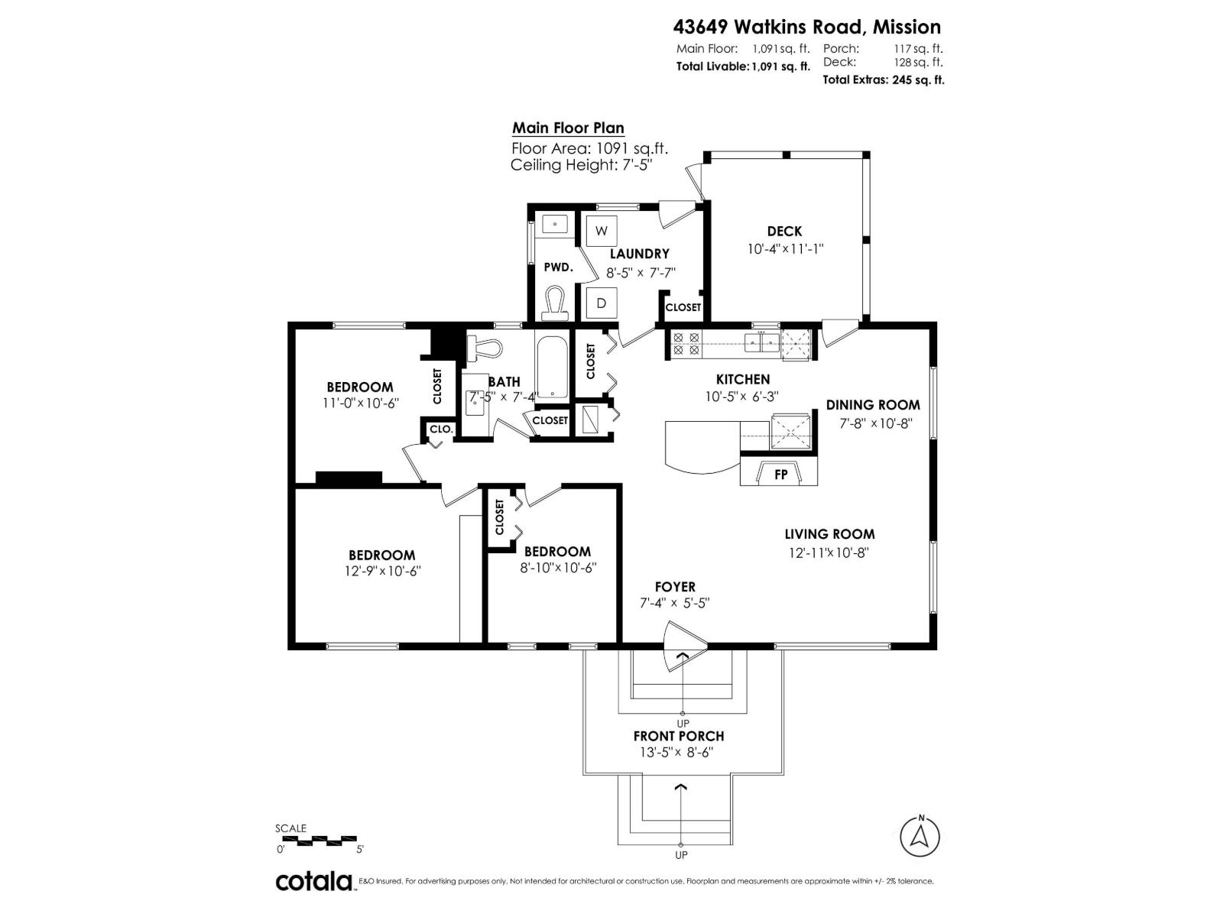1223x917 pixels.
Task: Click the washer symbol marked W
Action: [x=602, y=230]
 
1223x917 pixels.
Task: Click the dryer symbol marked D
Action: [x=602, y=303]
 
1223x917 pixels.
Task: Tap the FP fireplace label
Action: [x=780, y=475]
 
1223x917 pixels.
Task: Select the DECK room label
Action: [x=784, y=232]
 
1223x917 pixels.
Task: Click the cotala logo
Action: [x=313, y=881]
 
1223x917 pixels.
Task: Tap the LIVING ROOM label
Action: [x=829, y=534]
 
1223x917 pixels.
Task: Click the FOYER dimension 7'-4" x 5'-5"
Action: [x=675, y=603]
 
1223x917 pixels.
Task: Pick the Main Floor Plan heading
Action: [x=568, y=128]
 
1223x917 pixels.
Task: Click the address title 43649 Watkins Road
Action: [x=806, y=28]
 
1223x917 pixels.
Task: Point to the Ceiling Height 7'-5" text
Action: [x=581, y=165]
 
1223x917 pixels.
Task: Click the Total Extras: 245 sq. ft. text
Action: [x=883, y=79]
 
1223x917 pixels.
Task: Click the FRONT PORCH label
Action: [x=678, y=736]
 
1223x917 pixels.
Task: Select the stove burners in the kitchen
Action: [x=685, y=344]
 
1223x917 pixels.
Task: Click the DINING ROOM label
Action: [x=873, y=405]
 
